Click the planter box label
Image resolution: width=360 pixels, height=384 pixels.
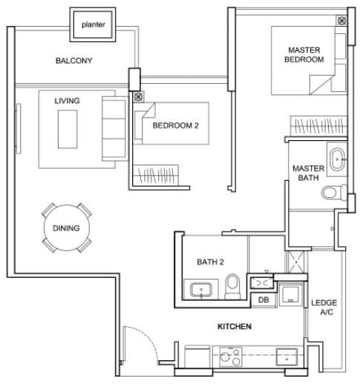(93, 24)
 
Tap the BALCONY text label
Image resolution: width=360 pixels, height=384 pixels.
(73, 61)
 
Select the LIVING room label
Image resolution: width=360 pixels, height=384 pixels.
(67, 100)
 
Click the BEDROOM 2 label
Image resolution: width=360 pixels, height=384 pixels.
(175, 125)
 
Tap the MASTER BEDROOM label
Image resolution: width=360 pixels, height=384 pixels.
(305, 55)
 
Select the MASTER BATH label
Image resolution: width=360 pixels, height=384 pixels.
(307, 173)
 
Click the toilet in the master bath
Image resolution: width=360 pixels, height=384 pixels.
(331, 193)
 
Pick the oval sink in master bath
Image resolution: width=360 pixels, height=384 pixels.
(338, 159)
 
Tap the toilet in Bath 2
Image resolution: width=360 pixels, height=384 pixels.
(233, 285)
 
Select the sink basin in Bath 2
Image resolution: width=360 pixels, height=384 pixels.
(200, 291)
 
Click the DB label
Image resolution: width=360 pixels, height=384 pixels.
(263, 299)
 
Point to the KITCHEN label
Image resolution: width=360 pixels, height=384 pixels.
(234, 326)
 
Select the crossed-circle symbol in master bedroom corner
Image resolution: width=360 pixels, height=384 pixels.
(341, 21)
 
